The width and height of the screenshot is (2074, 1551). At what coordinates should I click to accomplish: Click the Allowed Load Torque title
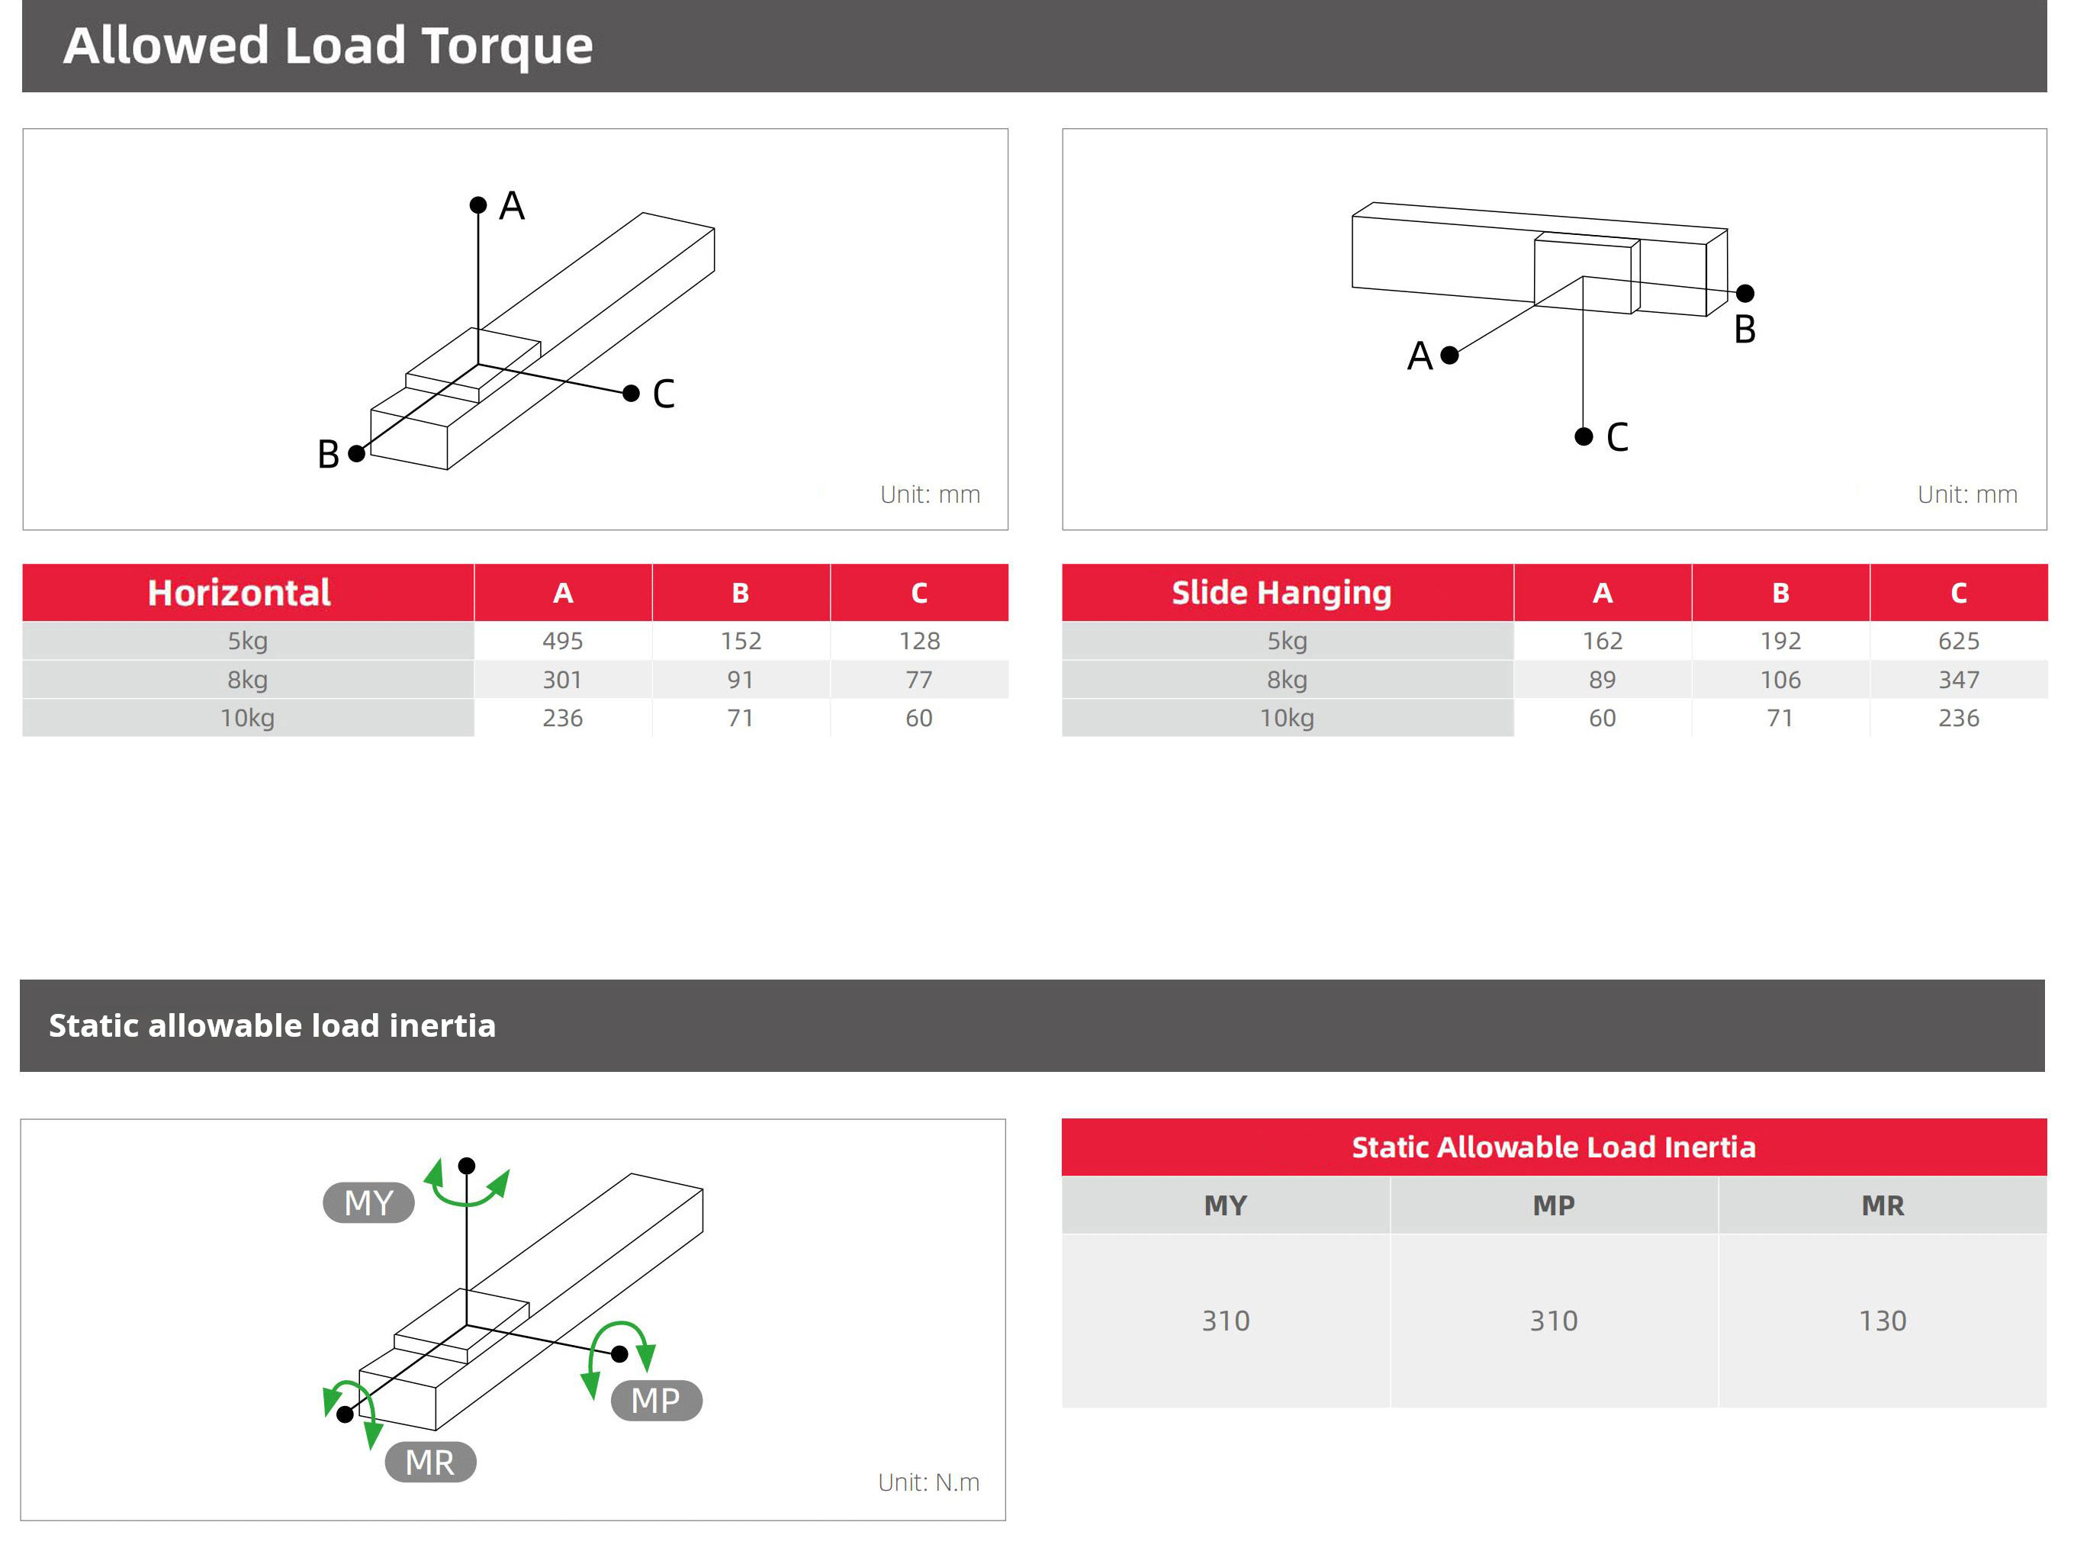point(327,45)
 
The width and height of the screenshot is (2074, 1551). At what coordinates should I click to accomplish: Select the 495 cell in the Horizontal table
point(563,642)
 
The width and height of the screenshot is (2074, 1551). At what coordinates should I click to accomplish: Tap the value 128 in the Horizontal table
point(919,642)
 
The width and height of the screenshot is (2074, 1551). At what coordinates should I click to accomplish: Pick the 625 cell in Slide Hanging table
point(1958,642)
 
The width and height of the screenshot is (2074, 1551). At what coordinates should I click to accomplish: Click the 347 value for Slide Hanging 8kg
point(1958,680)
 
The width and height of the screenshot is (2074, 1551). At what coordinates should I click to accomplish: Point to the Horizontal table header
point(239,593)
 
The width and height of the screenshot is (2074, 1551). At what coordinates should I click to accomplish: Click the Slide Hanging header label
point(1281,593)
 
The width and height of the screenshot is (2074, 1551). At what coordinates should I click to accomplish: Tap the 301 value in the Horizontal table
point(563,680)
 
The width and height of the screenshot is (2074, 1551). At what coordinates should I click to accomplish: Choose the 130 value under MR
point(1882,1321)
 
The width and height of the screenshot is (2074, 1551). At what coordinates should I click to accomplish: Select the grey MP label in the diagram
point(655,1400)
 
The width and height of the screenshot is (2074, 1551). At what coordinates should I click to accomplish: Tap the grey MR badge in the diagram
point(430,1462)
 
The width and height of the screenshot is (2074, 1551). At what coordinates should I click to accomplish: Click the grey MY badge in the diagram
point(368,1203)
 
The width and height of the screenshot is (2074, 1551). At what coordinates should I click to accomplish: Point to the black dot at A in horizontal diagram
point(478,205)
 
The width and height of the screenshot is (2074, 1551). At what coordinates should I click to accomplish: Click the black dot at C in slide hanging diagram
point(1584,437)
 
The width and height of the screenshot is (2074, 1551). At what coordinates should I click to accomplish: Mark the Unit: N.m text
point(928,1482)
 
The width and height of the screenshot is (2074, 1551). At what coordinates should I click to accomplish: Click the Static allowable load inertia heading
point(272,1026)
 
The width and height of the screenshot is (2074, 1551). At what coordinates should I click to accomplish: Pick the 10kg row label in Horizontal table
point(248,719)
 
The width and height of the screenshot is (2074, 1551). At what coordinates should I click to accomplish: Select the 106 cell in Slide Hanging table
point(1780,680)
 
